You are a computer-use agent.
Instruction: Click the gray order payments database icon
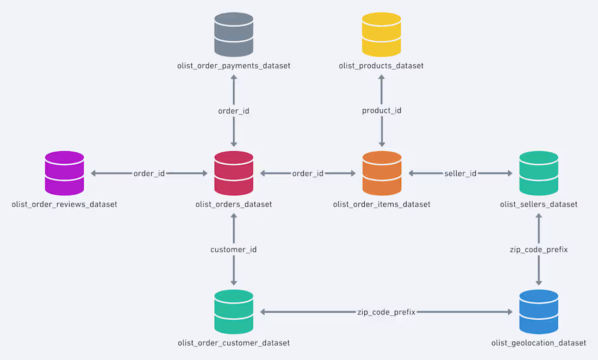click(x=234, y=35)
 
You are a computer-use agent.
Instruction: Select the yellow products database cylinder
click(x=382, y=35)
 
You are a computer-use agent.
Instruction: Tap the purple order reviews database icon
click(x=64, y=173)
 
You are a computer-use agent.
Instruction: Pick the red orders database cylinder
click(x=234, y=173)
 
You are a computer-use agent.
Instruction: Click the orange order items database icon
click(x=382, y=173)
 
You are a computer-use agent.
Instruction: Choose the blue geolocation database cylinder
click(x=539, y=312)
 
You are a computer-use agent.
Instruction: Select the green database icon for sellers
click(x=539, y=173)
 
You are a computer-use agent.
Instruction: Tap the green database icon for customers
click(x=234, y=312)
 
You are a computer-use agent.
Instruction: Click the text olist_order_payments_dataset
click(x=234, y=66)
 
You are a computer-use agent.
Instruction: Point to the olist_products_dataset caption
click(x=381, y=66)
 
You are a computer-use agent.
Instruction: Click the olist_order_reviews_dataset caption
click(x=64, y=204)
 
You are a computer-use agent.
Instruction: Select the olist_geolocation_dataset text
click(x=539, y=343)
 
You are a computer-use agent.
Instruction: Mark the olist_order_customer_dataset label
click(x=234, y=343)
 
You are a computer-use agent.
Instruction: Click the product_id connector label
click(x=382, y=111)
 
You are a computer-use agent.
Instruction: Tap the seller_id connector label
click(x=460, y=173)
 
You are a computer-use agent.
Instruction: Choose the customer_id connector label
click(x=234, y=250)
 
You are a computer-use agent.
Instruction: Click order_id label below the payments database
click(x=234, y=111)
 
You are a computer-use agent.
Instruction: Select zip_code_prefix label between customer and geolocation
click(x=386, y=312)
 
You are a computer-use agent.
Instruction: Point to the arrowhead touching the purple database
click(x=94, y=173)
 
